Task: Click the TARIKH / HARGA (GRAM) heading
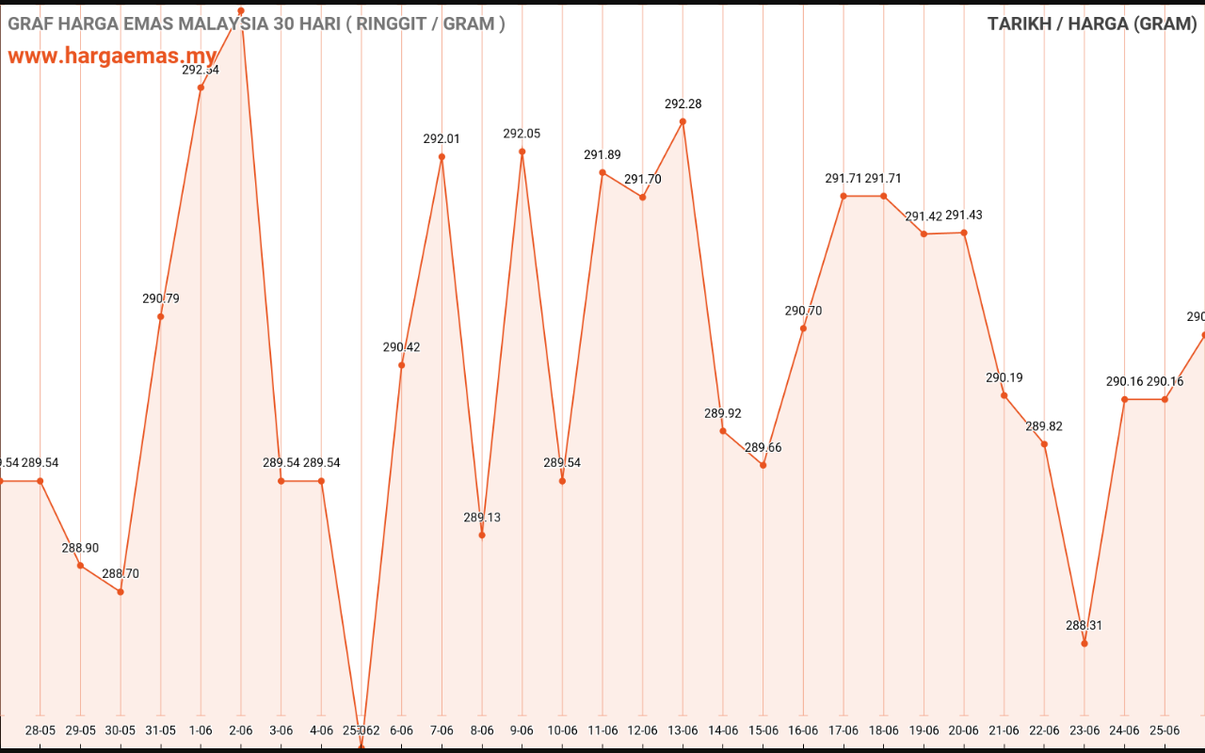click(1092, 24)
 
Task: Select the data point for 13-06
click(683, 121)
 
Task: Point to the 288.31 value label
click(1084, 625)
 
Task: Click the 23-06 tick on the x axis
click(1084, 729)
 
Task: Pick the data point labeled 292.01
click(442, 157)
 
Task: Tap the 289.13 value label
click(482, 517)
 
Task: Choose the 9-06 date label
click(522, 729)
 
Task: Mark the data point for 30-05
click(120, 591)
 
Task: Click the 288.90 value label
click(80, 548)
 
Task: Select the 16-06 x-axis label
click(803, 729)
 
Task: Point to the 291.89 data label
click(602, 154)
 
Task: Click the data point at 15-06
click(763, 465)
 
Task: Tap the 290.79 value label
click(161, 298)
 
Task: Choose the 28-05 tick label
click(40, 729)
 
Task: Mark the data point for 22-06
click(1044, 444)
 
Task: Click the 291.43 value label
click(964, 215)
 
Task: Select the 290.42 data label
click(402, 346)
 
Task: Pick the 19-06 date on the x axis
click(924, 729)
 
